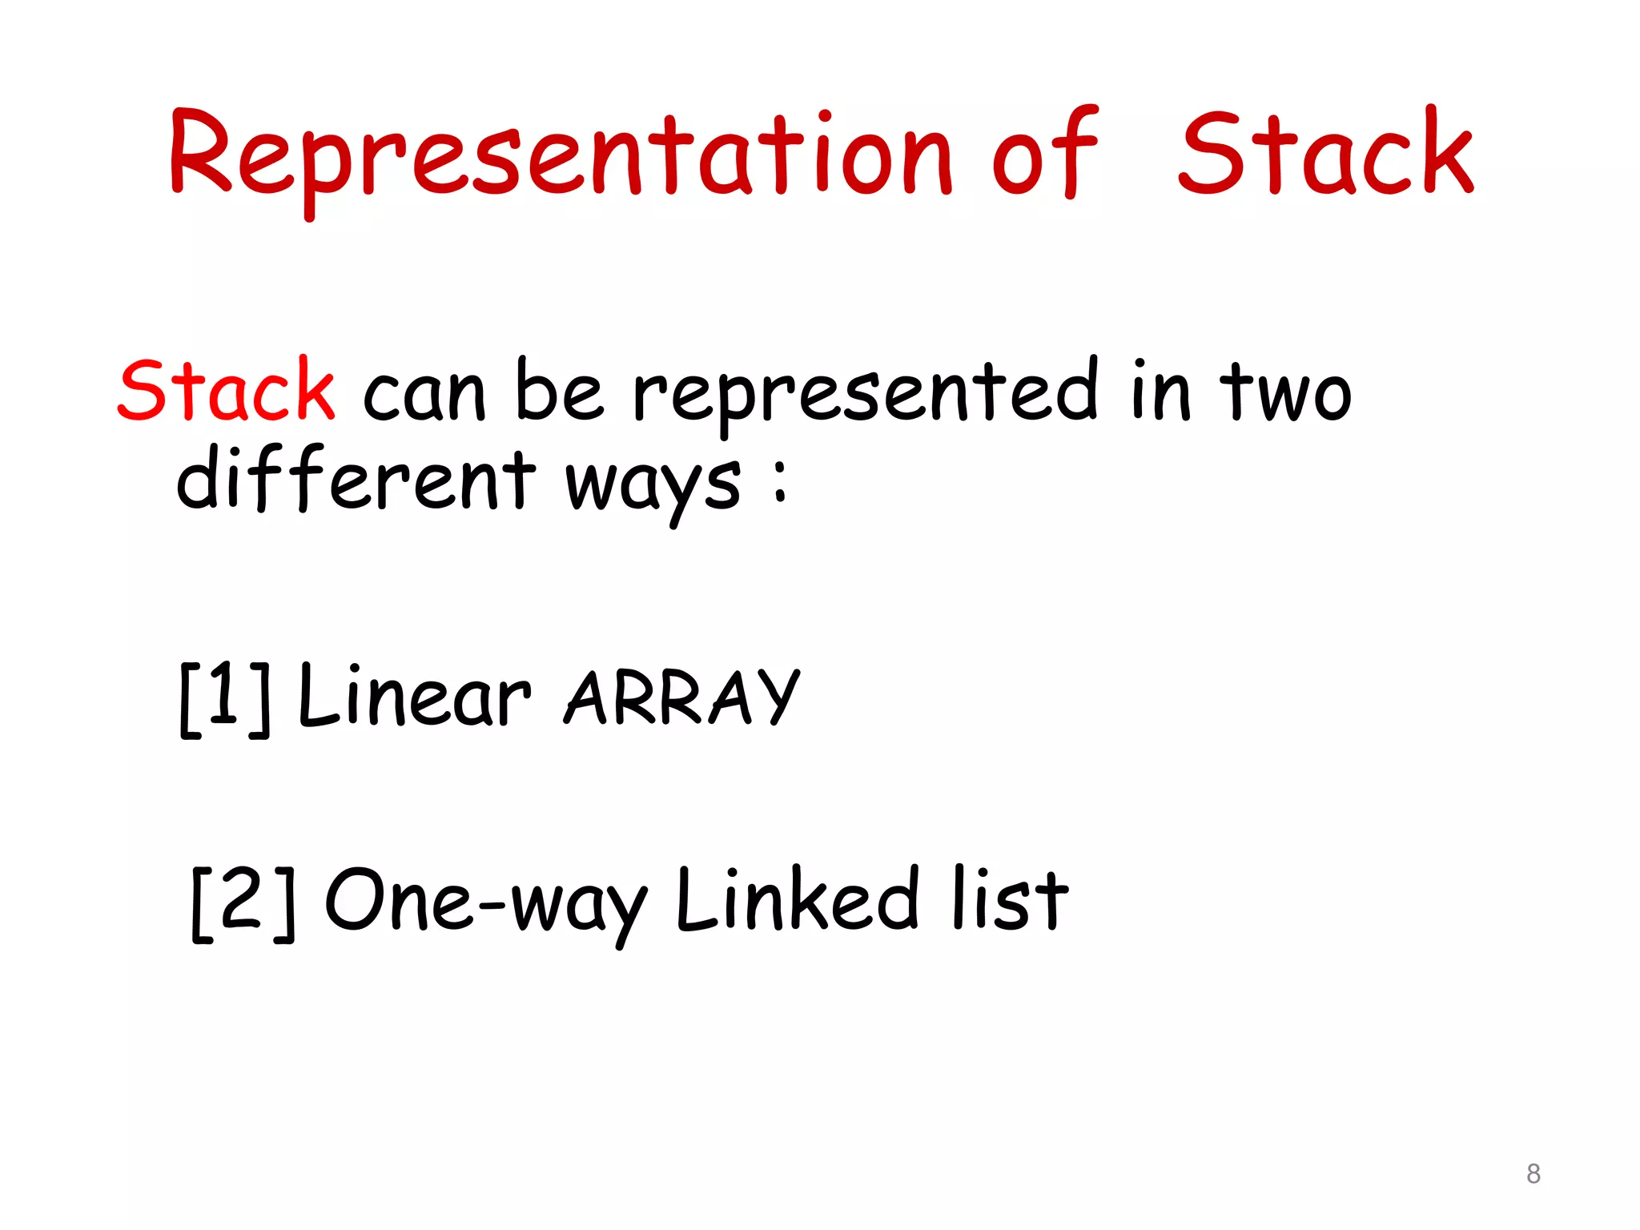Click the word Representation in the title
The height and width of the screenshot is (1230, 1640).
coord(561,156)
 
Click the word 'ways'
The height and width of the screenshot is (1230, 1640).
coord(653,484)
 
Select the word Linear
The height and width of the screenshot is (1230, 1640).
coord(413,697)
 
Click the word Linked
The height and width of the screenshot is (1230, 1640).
coord(797,900)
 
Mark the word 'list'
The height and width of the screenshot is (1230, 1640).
coord(1011,900)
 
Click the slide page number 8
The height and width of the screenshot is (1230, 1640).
coord(1533,1174)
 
